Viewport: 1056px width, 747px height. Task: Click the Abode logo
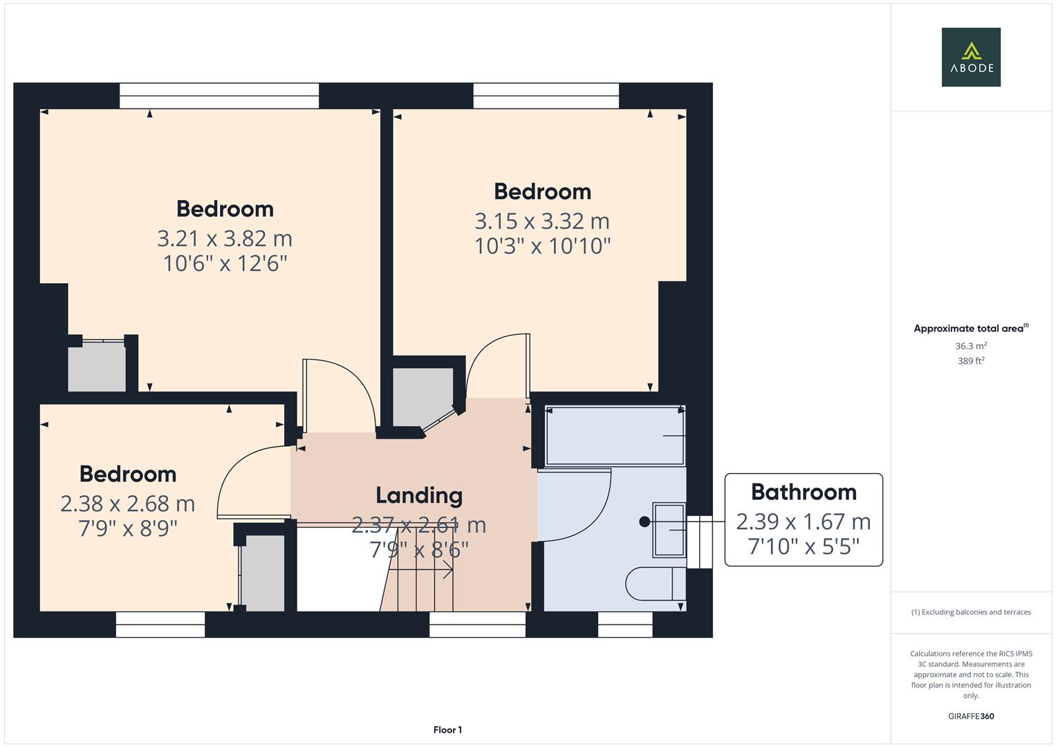(970, 57)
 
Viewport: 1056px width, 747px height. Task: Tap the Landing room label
(419, 495)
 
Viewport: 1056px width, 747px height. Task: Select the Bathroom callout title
(804, 492)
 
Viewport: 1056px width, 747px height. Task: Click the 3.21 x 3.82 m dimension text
(225, 239)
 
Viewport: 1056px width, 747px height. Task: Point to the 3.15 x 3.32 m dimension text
(542, 221)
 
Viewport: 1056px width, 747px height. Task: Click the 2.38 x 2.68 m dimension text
(128, 504)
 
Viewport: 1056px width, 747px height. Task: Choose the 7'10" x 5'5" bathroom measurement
(804, 546)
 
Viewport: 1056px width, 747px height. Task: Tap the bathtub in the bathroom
(614, 436)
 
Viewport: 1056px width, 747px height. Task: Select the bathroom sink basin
(669, 530)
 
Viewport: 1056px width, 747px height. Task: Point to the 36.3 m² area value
(970, 346)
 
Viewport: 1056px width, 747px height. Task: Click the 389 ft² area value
(970, 361)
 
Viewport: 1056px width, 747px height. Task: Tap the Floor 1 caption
(447, 730)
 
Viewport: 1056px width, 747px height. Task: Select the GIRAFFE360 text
(970, 716)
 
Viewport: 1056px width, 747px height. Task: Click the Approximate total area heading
(970, 329)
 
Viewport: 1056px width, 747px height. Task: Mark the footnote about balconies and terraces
(970, 612)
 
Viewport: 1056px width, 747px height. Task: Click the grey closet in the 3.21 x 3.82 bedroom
(97, 367)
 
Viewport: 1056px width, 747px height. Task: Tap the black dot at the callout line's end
(645, 522)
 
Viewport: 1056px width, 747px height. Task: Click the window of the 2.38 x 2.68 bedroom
(160, 625)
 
